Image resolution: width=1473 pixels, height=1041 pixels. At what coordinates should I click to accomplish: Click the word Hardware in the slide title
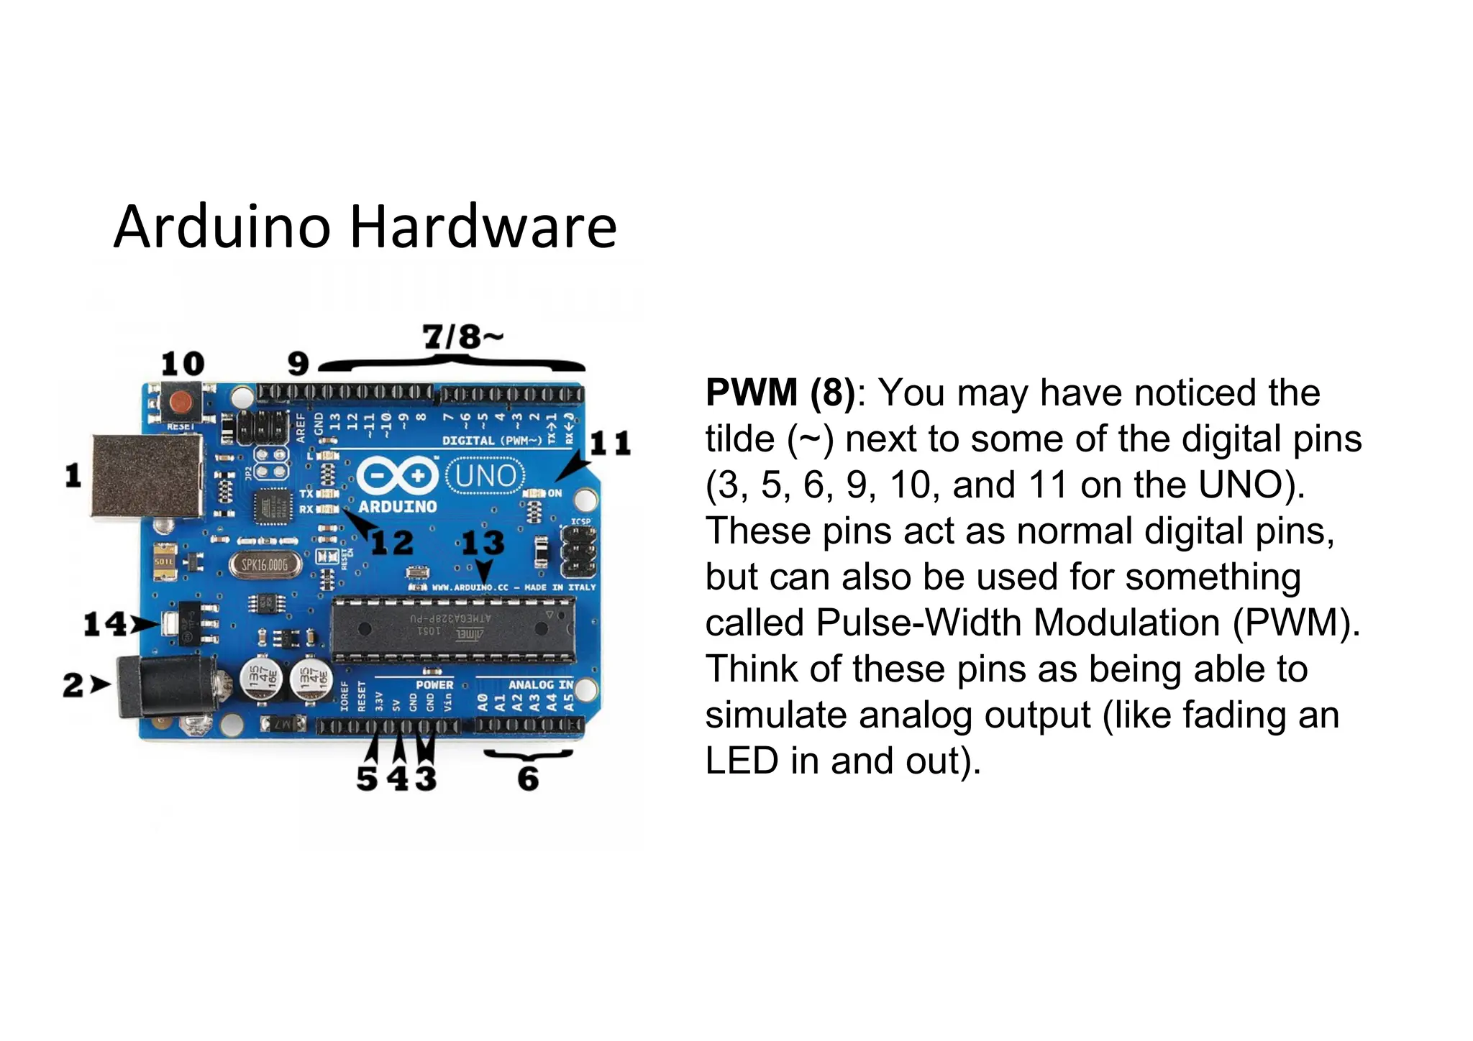click(x=483, y=227)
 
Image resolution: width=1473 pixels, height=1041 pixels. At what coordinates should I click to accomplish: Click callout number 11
click(x=610, y=443)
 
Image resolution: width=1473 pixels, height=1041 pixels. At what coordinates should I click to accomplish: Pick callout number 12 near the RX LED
click(x=393, y=542)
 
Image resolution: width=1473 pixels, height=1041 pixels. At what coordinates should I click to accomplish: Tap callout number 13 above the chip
click(x=483, y=542)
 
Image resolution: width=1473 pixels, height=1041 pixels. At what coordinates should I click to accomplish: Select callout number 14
click(x=105, y=623)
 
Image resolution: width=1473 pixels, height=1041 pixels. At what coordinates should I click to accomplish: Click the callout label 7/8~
click(x=462, y=336)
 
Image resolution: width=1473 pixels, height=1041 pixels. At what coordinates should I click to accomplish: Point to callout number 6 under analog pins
click(x=529, y=779)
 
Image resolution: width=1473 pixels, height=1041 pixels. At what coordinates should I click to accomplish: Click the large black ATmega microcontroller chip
click(x=453, y=629)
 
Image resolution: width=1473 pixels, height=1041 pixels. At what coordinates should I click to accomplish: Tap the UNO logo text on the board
click(x=485, y=476)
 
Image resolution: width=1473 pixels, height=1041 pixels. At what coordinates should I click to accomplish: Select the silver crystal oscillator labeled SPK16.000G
click(x=265, y=565)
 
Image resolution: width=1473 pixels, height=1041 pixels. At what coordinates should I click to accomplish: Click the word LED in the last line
click(x=742, y=761)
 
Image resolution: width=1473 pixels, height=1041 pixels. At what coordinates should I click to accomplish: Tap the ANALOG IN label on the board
click(x=541, y=684)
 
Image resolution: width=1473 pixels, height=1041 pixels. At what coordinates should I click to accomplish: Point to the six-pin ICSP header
click(x=578, y=552)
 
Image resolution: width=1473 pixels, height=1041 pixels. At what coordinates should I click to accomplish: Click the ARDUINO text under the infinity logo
click(x=398, y=507)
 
